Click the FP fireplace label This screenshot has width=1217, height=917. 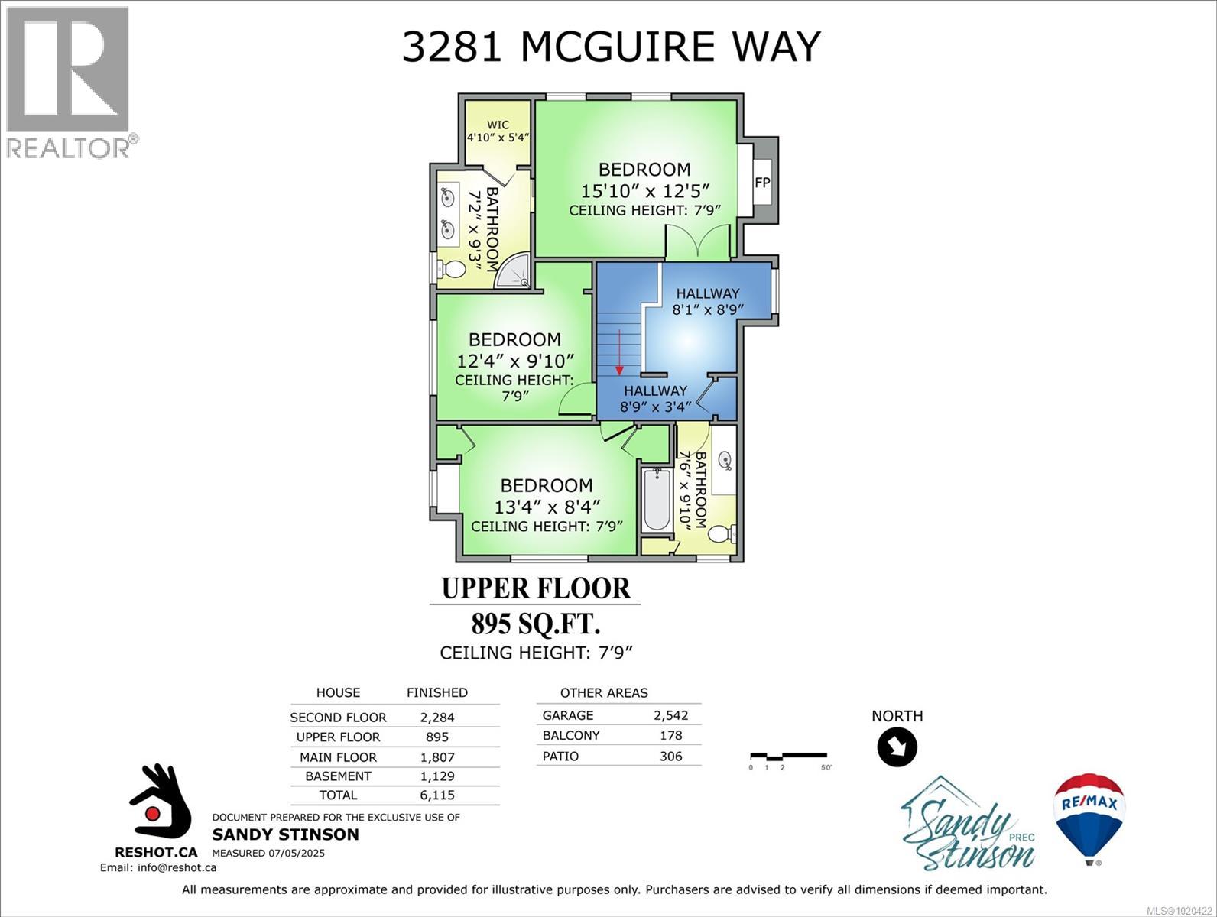point(762,183)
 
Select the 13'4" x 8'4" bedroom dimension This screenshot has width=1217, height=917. point(547,506)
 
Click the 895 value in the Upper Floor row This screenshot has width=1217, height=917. point(437,737)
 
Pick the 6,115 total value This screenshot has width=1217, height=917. point(437,795)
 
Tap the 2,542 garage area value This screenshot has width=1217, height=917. point(670,716)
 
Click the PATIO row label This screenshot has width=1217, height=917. point(560,757)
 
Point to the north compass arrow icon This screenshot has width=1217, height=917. point(897,747)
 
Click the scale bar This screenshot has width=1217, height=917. point(787,757)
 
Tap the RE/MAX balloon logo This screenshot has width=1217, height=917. point(1089,816)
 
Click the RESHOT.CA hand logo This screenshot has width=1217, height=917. point(158,802)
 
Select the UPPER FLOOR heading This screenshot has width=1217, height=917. point(536,588)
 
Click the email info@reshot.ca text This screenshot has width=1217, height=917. point(158,867)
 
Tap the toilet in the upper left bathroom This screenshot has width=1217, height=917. point(454,269)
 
